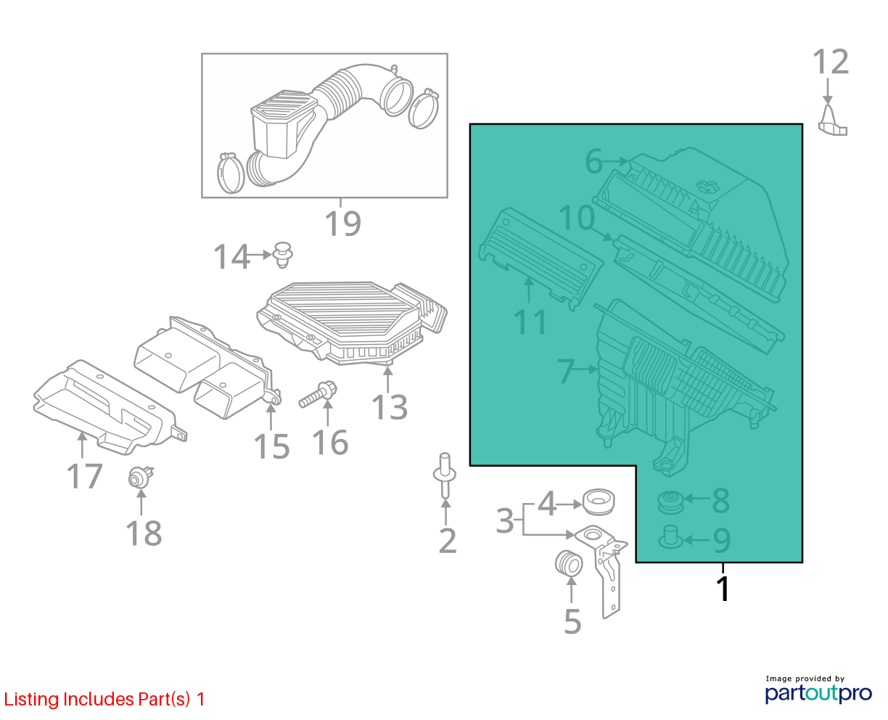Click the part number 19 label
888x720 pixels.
coord(342,224)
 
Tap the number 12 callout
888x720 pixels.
coord(831,62)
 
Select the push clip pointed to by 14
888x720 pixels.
coord(283,255)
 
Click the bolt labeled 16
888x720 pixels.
coord(318,394)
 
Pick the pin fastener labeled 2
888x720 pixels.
coord(445,475)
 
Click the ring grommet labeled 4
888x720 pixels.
coord(599,502)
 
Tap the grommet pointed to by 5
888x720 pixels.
coord(569,563)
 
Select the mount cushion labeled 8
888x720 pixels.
coord(671,503)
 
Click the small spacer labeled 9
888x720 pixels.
coord(670,537)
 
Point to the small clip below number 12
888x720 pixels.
coord(832,121)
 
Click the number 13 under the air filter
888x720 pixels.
coord(389,407)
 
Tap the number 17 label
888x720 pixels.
coord(84,476)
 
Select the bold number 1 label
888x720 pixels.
coord(724,589)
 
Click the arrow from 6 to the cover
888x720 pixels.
coord(616,161)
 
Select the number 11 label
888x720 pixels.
coord(530,322)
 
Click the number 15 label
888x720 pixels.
coord(271,447)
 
